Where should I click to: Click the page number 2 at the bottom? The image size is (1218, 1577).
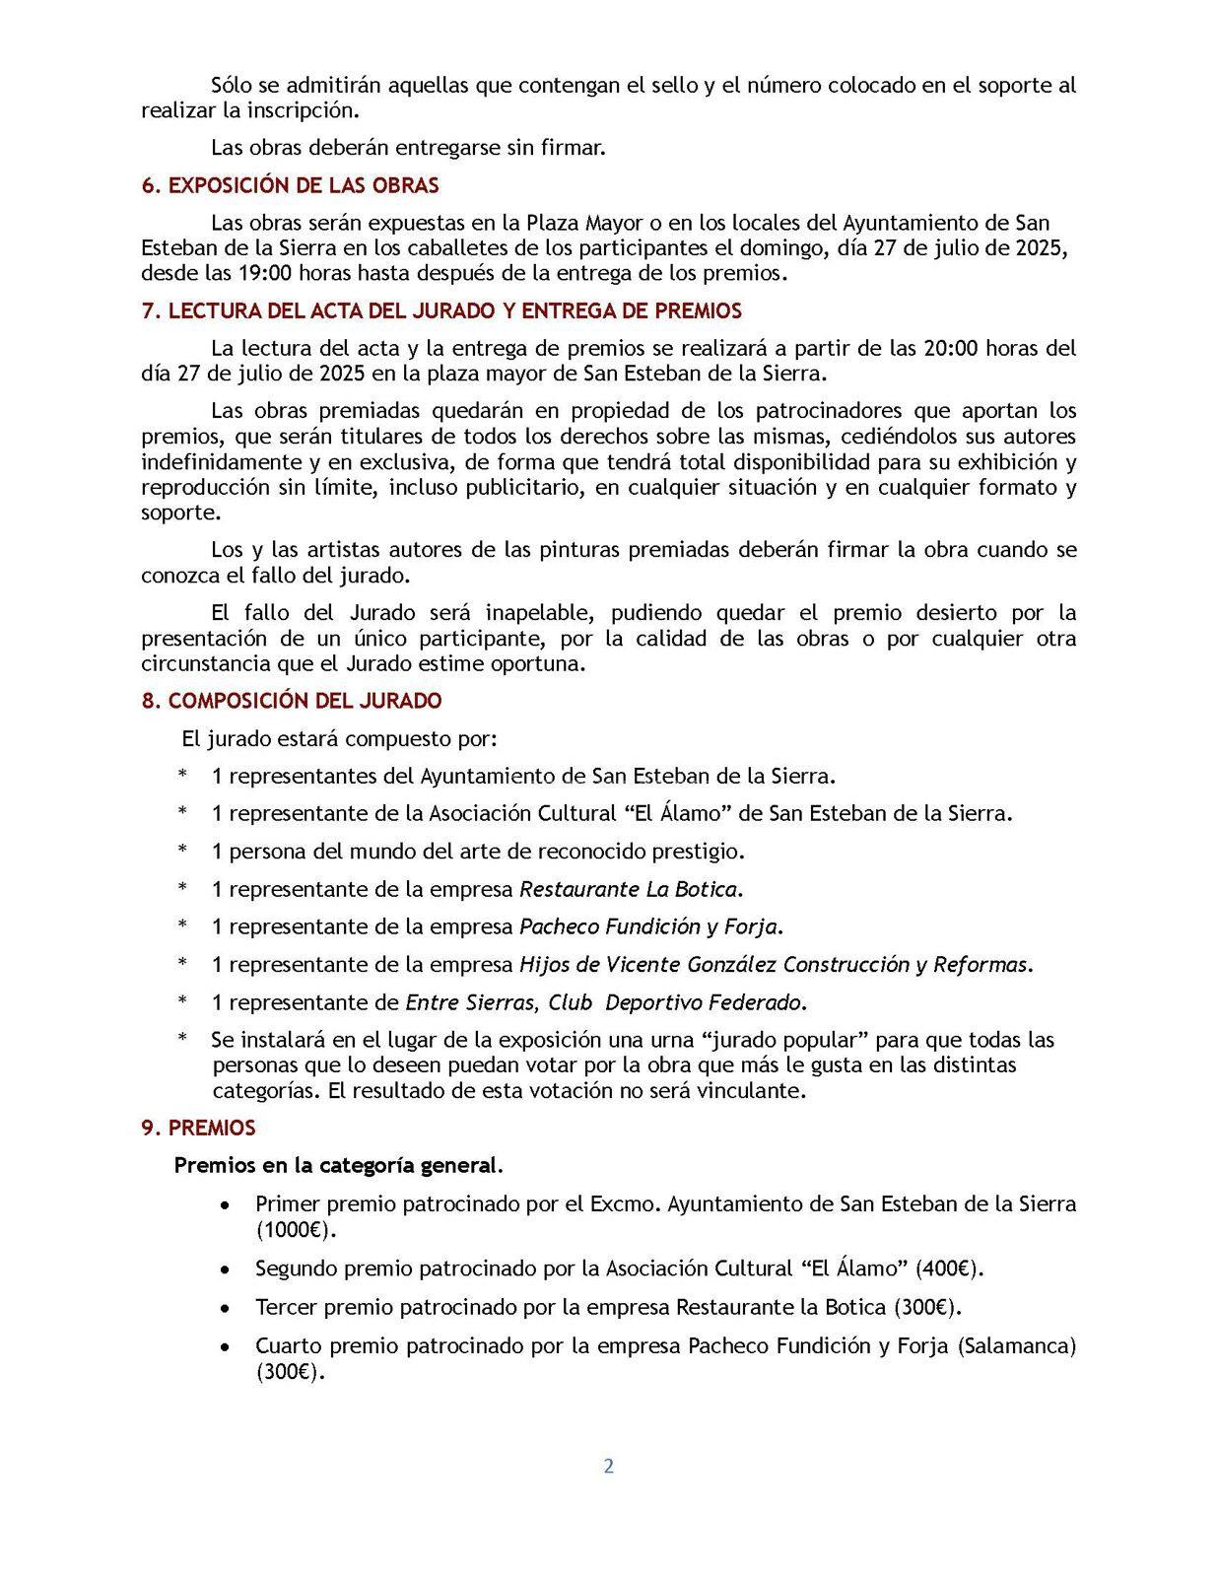pyautogui.click(x=608, y=1466)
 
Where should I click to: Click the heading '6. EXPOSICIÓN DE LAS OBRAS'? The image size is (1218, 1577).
pyautogui.click(x=291, y=185)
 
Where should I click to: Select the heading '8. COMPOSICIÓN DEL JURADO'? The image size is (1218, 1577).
pyautogui.click(x=292, y=701)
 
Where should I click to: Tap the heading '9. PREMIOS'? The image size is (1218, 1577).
pyautogui.click(x=198, y=1128)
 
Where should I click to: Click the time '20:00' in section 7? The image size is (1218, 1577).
pyautogui.click(x=953, y=348)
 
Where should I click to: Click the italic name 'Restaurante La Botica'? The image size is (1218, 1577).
pyautogui.click(x=629, y=889)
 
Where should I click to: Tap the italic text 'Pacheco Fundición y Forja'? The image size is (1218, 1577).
pyautogui.click(x=648, y=926)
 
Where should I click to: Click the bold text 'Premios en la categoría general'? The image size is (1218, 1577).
pyautogui.click(x=335, y=1165)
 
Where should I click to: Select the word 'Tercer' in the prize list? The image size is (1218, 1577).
pyautogui.click(x=286, y=1307)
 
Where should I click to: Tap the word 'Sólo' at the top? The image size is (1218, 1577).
pyautogui.click(x=233, y=85)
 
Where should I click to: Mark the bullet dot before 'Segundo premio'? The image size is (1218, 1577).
pyautogui.click(x=227, y=1269)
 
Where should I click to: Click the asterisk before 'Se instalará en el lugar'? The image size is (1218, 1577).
pyautogui.click(x=182, y=1040)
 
